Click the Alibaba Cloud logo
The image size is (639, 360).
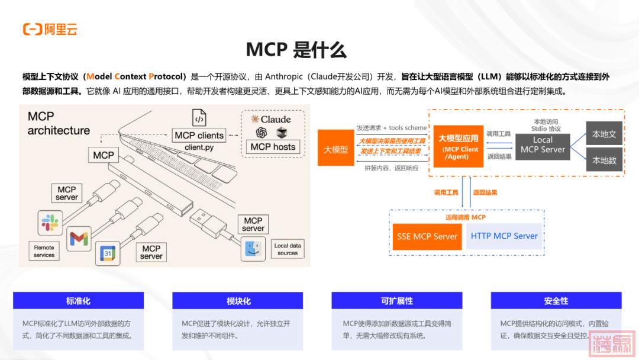click(x=50, y=29)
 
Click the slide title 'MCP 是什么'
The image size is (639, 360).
click(x=296, y=50)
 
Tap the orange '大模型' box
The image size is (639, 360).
click(x=335, y=149)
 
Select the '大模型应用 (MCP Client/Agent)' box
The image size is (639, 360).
click(x=458, y=146)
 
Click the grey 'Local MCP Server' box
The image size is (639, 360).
click(x=543, y=145)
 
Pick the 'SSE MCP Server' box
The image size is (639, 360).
click(x=427, y=236)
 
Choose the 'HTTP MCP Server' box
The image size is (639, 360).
click(x=504, y=236)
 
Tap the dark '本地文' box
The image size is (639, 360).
click(x=604, y=134)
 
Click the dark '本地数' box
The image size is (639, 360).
click(x=604, y=160)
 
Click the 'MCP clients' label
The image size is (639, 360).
click(x=199, y=136)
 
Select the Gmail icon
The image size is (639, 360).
click(x=79, y=238)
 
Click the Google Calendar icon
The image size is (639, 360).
click(x=108, y=253)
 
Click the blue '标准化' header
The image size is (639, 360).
click(x=78, y=301)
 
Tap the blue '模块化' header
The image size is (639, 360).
click(x=238, y=301)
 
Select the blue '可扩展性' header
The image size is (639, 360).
click(x=397, y=301)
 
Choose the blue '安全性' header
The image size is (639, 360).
click(x=556, y=301)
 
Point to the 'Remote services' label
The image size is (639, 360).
click(x=44, y=251)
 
